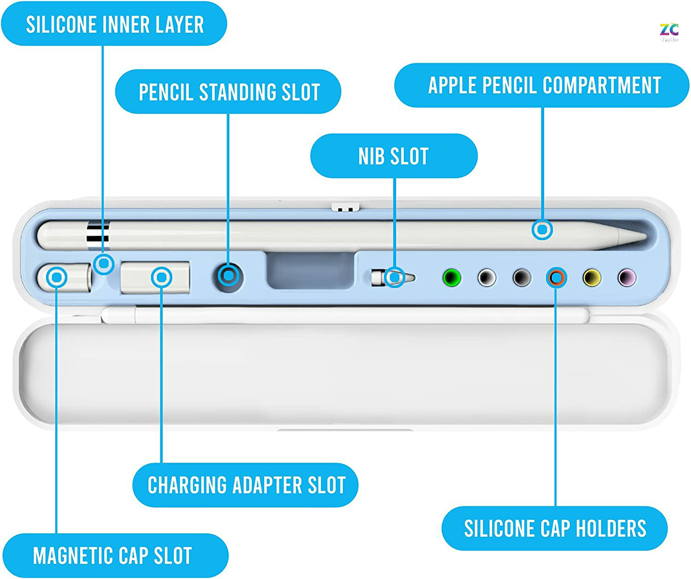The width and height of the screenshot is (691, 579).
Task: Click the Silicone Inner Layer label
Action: click(114, 24)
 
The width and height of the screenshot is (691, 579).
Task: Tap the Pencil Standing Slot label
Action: click(228, 92)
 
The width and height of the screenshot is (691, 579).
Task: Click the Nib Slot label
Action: click(394, 156)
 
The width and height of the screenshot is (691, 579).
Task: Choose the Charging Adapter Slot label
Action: click(246, 485)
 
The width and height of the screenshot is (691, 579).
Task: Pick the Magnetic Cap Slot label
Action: click(113, 556)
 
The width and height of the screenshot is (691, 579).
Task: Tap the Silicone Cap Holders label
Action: click(555, 528)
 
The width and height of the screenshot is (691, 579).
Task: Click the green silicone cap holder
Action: click(451, 278)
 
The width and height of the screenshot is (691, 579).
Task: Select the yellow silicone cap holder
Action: click(592, 278)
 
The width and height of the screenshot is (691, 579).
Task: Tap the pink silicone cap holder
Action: click(627, 278)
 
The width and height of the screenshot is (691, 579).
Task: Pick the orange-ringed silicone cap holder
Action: click(556, 278)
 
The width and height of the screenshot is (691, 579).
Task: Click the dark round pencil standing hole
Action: click(229, 277)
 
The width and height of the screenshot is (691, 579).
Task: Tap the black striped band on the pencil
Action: click(98, 234)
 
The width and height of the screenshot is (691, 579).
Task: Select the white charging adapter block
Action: click(155, 278)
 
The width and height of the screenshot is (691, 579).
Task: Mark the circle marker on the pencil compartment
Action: click(543, 229)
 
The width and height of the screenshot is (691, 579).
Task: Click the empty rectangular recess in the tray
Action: click(310, 270)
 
